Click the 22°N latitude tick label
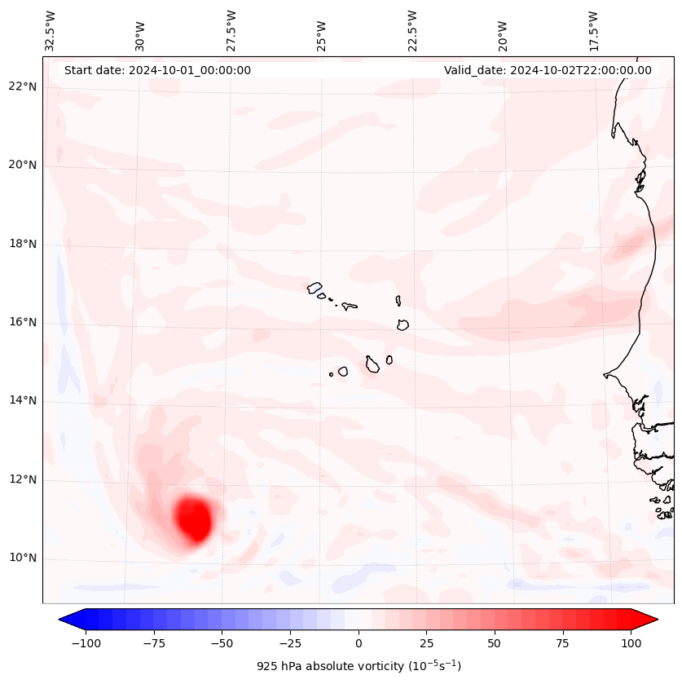[23, 87]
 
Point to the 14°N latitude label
[23, 401]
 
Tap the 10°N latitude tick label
[23, 558]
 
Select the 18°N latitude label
[23, 244]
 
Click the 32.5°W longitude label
[51, 31]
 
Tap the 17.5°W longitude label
[593, 31]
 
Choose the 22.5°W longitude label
[412, 31]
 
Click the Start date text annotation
[157, 70]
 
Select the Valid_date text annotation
[548, 70]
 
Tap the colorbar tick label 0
[358, 643]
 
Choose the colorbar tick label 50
[494, 643]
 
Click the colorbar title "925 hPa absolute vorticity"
[359, 666]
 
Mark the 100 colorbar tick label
[631, 643]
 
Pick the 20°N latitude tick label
[23, 165]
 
